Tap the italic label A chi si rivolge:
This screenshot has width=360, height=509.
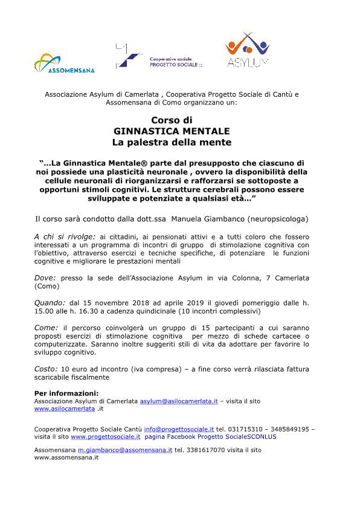pyautogui.click(x=65, y=236)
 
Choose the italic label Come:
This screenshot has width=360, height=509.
pyautogui.click(x=47, y=328)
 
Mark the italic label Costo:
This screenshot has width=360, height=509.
pyautogui.click(x=47, y=369)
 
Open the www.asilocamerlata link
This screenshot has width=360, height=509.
pyautogui.click(x=65, y=409)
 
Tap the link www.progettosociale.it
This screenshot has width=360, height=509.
pyautogui.click(x=106, y=436)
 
